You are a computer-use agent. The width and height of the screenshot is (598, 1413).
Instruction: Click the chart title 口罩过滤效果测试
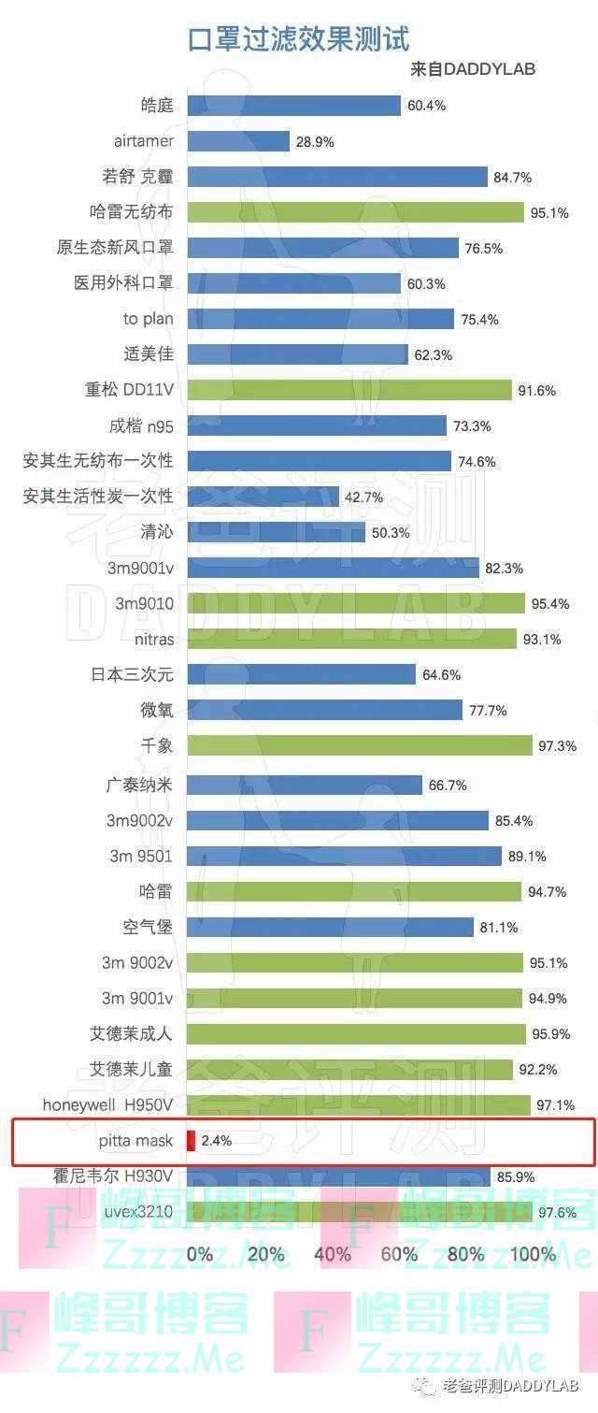pos(298,39)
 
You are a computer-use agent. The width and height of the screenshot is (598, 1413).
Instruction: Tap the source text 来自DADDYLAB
pos(473,69)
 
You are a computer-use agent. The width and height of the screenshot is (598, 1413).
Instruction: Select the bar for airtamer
pos(238,141)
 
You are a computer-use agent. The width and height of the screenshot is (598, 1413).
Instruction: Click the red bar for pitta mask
pos(191,1140)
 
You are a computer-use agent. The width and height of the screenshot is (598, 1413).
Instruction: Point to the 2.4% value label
pos(217,1141)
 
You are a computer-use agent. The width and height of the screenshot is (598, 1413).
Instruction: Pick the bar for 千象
pos(360,745)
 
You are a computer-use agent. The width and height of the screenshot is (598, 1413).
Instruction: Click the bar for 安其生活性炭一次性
pos(263,497)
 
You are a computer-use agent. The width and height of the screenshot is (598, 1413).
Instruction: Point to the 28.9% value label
pos(315,142)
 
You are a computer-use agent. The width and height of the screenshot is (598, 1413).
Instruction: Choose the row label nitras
pos(154,640)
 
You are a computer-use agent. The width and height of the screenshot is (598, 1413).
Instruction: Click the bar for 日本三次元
pos(301,674)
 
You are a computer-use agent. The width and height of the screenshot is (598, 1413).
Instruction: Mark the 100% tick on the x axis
pos(534,1254)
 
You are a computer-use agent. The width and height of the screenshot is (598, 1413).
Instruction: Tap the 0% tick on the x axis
pos(200,1254)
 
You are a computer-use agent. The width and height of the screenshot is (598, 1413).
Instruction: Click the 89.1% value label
pos(528,857)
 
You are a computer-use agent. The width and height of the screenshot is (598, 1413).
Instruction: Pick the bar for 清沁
pos(276,532)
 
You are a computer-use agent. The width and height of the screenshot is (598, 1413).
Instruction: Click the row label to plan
pos(148,319)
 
